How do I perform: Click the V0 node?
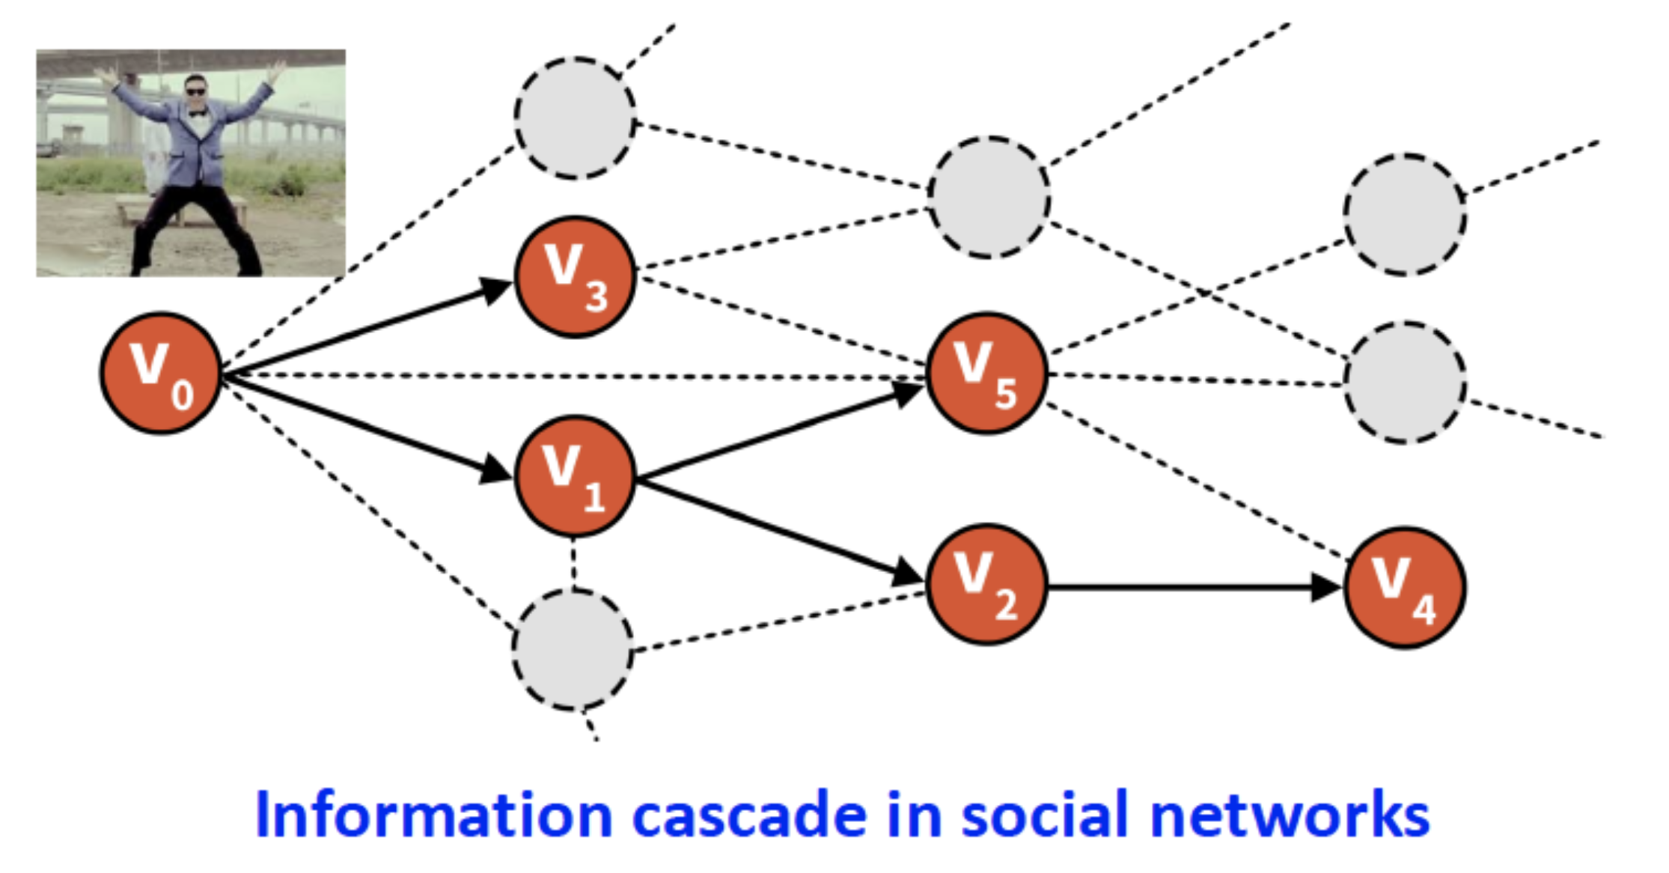click(161, 373)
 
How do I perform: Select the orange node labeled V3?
click(575, 277)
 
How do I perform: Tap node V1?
click(575, 476)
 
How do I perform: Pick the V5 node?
click(986, 373)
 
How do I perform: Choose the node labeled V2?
click(986, 584)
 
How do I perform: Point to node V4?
click(1404, 588)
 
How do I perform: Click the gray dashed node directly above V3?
click(575, 118)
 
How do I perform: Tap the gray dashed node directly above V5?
click(989, 198)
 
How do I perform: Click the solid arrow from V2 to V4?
click(1183, 587)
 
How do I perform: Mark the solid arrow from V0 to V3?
click(359, 329)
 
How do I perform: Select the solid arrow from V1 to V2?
click(778, 533)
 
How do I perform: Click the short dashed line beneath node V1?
click(573, 563)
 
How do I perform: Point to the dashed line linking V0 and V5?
click(569, 376)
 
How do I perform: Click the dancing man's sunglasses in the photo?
click(196, 92)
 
